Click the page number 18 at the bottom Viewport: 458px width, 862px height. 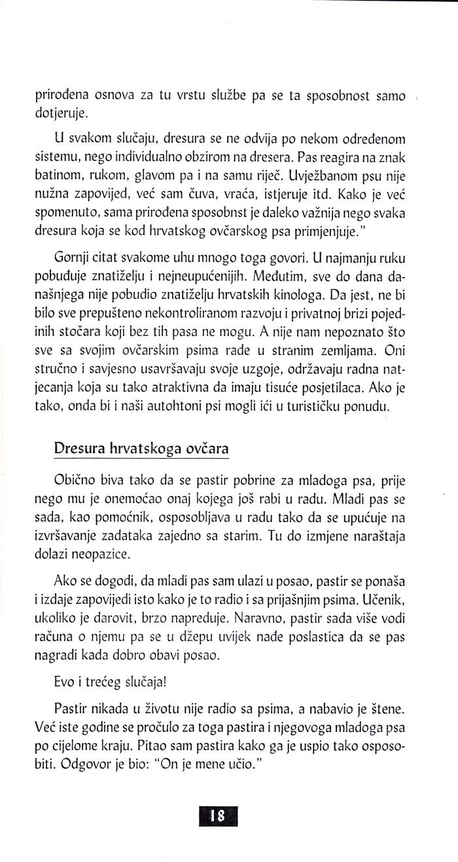pos(217,815)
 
